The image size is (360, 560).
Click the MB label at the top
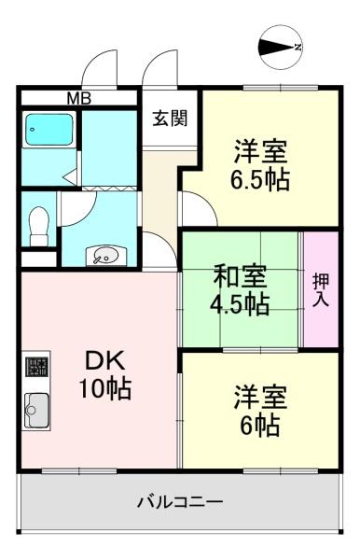(x=78, y=96)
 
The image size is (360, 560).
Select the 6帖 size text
(x=256, y=426)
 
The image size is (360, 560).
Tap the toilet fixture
(x=38, y=223)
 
